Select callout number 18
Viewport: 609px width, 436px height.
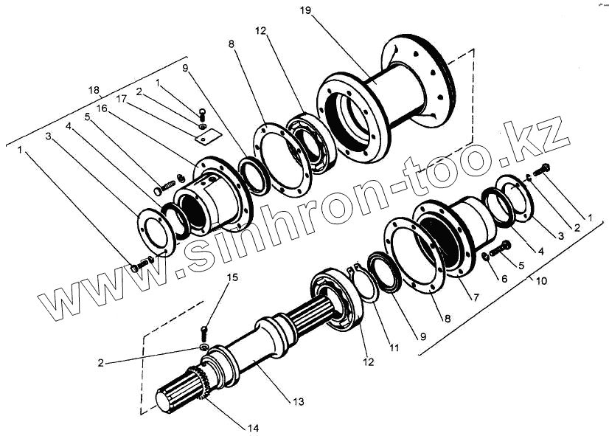93,90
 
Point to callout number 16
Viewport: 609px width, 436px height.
102,107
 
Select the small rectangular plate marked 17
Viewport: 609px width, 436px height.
203,134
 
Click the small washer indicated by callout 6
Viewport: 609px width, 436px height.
487,256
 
